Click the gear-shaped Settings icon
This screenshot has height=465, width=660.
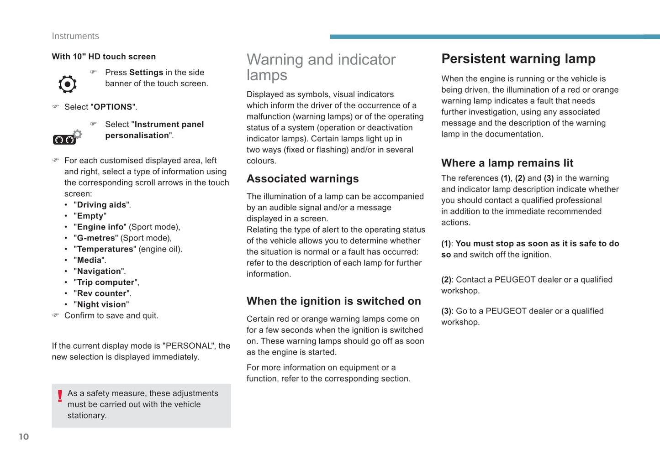pos(68,84)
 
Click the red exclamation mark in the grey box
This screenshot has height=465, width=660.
pos(60,396)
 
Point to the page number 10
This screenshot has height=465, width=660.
pos(24,437)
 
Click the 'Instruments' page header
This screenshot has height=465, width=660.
pos(75,36)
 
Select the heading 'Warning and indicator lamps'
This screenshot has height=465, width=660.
pos(321,67)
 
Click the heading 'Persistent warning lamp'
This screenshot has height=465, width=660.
pos(518,59)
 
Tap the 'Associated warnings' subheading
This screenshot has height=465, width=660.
pos(302,179)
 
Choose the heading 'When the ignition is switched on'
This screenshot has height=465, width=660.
pos(333,301)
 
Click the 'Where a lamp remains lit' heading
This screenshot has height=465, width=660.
pos(507,163)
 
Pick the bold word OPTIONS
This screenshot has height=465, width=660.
pos(113,107)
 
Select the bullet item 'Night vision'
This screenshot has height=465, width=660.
pos(101,304)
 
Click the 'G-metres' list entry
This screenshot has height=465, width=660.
pos(96,238)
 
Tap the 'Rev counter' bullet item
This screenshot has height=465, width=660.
pos(101,293)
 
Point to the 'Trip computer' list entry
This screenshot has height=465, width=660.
pos(106,282)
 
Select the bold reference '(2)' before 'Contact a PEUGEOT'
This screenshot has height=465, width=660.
pos(446,280)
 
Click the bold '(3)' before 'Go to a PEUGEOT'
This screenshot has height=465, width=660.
pos(446,311)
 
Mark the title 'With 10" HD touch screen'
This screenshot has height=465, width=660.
pos(104,57)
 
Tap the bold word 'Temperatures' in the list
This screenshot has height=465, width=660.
pos(105,249)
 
